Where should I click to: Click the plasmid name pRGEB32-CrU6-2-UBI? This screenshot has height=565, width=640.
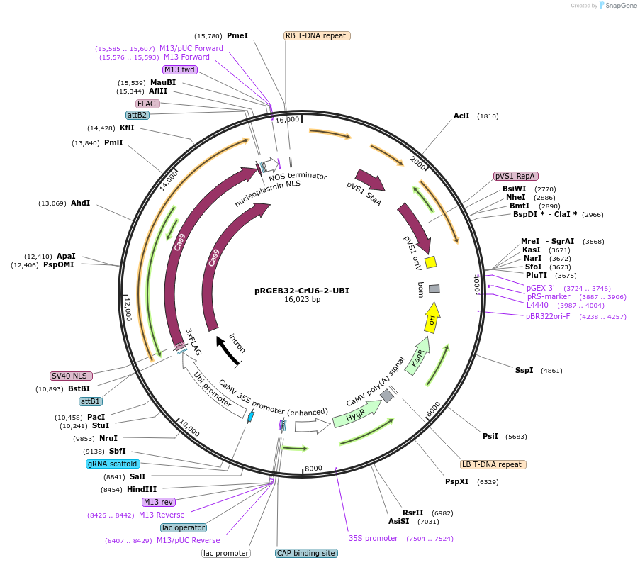(302, 291)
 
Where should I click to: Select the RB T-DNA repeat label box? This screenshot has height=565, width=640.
(317, 35)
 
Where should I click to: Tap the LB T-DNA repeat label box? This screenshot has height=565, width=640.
(493, 465)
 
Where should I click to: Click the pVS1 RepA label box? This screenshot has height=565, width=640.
(515, 176)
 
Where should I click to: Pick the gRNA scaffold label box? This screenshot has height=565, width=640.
(113, 464)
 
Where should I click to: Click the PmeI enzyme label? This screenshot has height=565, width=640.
(237, 35)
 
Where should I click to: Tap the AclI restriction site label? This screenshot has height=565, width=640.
(461, 116)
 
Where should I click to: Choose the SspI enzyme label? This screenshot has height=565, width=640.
(524, 371)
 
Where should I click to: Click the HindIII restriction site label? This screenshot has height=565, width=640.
(142, 489)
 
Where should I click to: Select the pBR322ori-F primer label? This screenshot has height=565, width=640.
(548, 316)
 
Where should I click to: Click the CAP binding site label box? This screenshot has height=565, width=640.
(305, 553)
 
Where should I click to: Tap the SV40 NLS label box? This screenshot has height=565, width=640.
(68, 376)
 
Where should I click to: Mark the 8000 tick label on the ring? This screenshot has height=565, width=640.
(313, 469)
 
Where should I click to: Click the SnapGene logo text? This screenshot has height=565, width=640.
(618, 6)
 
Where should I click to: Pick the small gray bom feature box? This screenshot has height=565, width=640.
(434, 289)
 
